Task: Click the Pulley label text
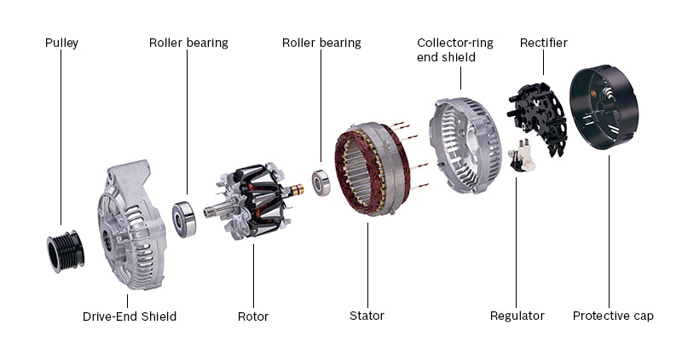(x=62, y=43)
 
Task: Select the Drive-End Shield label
(x=130, y=316)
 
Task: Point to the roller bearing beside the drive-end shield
(x=185, y=218)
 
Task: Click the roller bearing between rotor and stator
(x=321, y=183)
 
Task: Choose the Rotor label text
(x=253, y=316)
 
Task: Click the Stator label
(x=367, y=316)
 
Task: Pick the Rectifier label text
(x=543, y=43)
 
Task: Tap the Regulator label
(x=517, y=316)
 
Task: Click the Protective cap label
(x=613, y=316)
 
